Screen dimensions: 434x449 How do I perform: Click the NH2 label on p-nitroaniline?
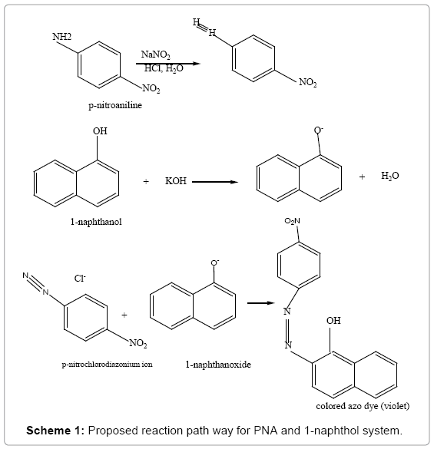(x=62, y=37)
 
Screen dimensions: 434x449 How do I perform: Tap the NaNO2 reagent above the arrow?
(x=156, y=54)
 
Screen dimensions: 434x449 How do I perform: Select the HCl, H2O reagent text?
(x=164, y=68)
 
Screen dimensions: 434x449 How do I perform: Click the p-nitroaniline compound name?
(x=115, y=105)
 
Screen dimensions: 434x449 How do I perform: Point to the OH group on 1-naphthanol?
(x=100, y=131)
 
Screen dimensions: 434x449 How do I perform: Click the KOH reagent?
(x=176, y=181)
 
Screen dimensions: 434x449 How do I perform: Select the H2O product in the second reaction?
(x=390, y=176)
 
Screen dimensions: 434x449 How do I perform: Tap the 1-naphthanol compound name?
(x=96, y=222)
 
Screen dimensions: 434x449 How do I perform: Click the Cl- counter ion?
(x=80, y=278)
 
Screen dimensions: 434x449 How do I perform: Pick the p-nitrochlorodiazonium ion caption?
(x=108, y=365)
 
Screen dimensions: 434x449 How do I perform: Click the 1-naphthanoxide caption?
(x=218, y=365)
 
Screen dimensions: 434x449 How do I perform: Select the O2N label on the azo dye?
(x=293, y=221)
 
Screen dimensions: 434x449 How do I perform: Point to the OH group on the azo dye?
(x=333, y=320)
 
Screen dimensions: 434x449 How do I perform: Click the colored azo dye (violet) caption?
(x=363, y=406)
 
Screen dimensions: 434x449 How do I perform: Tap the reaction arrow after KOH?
(x=215, y=182)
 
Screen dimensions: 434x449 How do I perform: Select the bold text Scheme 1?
(x=55, y=431)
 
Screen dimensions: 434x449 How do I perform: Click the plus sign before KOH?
(x=146, y=182)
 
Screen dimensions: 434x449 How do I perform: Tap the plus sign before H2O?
(x=362, y=177)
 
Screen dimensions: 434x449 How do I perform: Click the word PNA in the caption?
(x=266, y=431)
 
